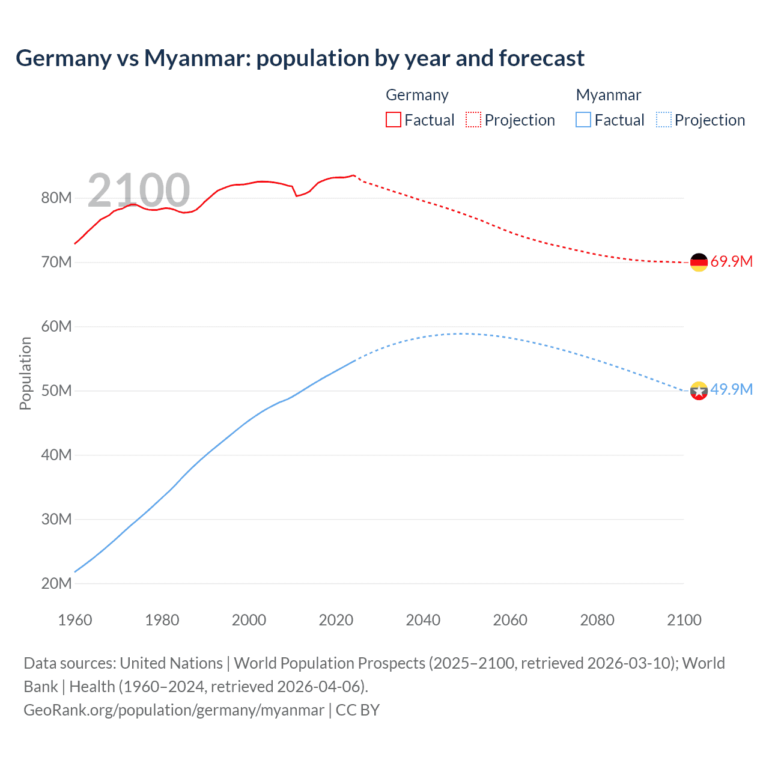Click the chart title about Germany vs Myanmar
[300, 58]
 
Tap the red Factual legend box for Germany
[393, 120]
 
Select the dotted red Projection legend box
[473, 120]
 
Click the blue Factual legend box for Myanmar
[583, 120]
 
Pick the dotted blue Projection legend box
[663, 120]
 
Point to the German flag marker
[699, 262]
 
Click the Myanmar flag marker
[699, 391]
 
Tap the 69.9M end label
[731, 261]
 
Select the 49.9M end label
[731, 389]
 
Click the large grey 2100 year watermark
[139, 190]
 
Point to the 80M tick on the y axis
[56, 198]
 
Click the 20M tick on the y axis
[56, 583]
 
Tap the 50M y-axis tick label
[56, 391]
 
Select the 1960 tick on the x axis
[75, 620]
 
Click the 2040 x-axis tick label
[423, 620]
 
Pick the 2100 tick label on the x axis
[684, 620]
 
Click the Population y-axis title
[25, 373]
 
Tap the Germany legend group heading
[417, 95]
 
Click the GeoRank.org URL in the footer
[174, 710]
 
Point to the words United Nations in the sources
[171, 663]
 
